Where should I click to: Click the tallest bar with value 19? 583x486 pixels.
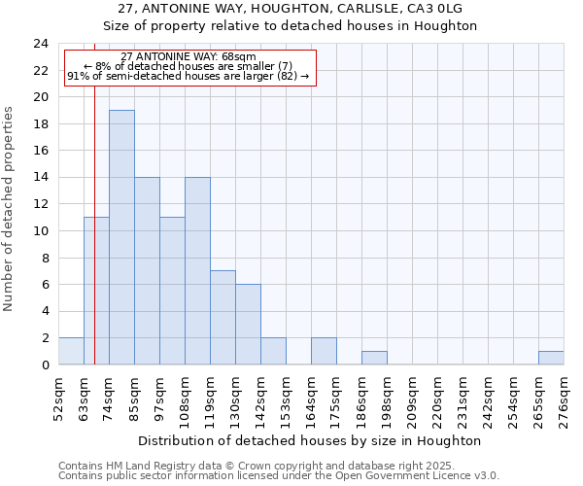click(121, 237)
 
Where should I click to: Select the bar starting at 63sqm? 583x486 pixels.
click(96, 291)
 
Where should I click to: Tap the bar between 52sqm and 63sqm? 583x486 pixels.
click(71, 351)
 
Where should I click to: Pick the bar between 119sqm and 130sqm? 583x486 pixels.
click(223, 318)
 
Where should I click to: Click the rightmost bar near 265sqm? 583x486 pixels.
click(551, 358)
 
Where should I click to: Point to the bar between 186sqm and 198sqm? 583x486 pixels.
click(374, 358)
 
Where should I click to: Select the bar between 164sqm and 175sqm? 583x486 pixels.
click(324, 351)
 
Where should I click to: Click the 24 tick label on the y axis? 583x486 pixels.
click(41, 44)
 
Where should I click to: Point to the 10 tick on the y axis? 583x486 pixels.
click(41, 231)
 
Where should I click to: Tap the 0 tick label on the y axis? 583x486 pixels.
click(45, 365)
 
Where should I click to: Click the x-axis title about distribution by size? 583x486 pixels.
click(311, 440)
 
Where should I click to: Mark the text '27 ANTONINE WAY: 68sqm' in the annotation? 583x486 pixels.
click(189, 57)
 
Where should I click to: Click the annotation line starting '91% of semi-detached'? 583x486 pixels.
click(189, 76)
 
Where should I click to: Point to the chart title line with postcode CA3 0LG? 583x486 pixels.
click(291, 8)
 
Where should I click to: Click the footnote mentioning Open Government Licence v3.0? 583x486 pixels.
click(279, 476)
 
